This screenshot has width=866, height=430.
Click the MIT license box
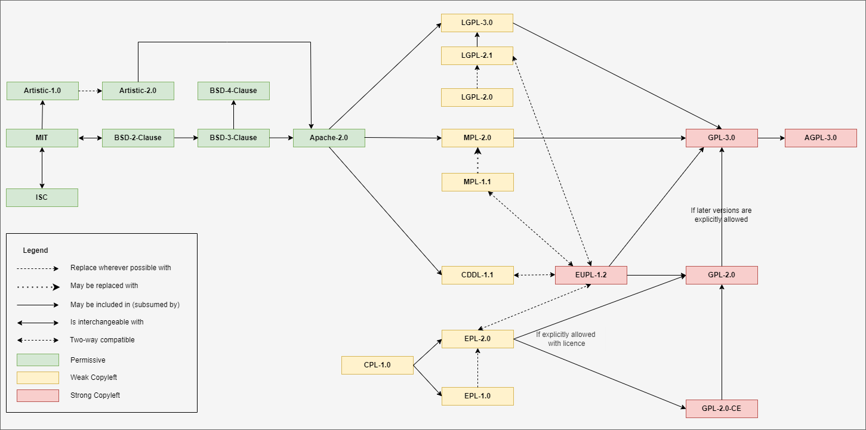pyautogui.click(x=42, y=138)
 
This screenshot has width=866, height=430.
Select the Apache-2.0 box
pyautogui.click(x=329, y=138)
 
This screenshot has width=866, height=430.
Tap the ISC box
pyautogui.click(x=42, y=197)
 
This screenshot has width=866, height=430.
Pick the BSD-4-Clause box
pyautogui.click(x=233, y=91)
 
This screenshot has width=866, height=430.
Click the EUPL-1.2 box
pyautogui.click(x=591, y=275)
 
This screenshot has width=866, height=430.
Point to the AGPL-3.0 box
pyautogui.click(x=821, y=138)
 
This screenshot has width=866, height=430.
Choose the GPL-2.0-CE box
pyautogui.click(x=722, y=409)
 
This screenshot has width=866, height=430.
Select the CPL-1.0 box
pyautogui.click(x=377, y=365)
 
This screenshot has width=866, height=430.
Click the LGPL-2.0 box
pyautogui.click(x=477, y=97)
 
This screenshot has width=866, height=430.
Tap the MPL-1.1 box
pyautogui.click(x=477, y=182)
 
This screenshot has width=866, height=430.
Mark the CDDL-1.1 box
pyautogui.click(x=477, y=275)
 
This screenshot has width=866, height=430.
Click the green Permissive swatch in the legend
pyautogui.click(x=38, y=360)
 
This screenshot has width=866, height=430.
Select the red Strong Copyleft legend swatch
pyautogui.click(x=38, y=395)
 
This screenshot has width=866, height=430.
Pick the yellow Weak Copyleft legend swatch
pyautogui.click(x=38, y=378)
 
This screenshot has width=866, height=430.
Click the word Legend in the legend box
pyautogui.click(x=35, y=250)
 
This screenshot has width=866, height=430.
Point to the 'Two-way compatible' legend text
pyautogui.click(x=102, y=340)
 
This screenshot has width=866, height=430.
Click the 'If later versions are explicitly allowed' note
pyautogui.click(x=721, y=215)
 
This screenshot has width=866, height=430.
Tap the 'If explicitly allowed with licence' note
pyautogui.click(x=566, y=339)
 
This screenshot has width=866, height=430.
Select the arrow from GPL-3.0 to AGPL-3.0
pyautogui.click(x=771, y=138)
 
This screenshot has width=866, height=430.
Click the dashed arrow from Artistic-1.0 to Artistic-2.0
pyautogui.click(x=90, y=91)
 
